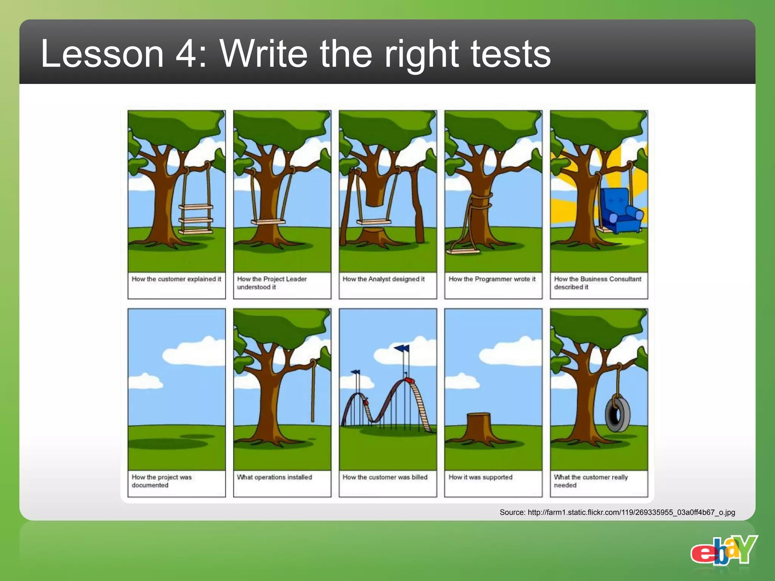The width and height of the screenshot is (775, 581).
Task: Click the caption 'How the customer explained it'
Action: coord(176,279)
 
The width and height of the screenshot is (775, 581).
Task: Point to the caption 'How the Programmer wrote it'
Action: coord(492,279)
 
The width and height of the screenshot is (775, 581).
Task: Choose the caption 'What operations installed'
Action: coord(274,477)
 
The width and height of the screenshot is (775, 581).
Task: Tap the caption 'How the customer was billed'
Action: coord(385,477)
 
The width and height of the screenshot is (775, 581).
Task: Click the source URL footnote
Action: coord(617,513)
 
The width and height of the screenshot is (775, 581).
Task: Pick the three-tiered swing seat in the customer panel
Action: coord(196,219)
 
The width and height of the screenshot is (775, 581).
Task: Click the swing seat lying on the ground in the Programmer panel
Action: coord(463,250)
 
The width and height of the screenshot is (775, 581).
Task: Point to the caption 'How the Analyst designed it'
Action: coord(383,279)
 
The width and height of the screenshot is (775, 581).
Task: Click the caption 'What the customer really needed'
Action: coord(591,481)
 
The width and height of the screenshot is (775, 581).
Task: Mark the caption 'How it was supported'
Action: coord(480,477)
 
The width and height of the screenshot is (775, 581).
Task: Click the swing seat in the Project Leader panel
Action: coord(268,222)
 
